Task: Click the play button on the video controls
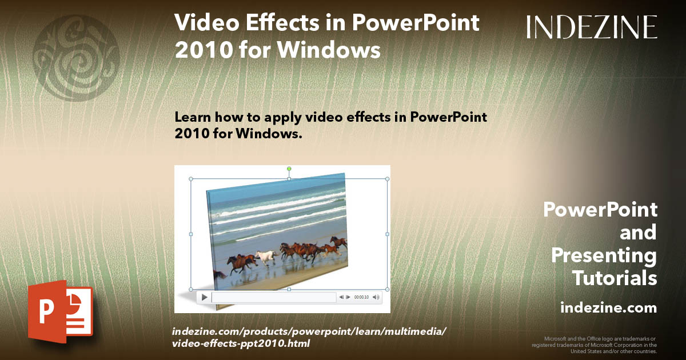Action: click(204, 297)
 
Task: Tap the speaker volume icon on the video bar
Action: click(376, 297)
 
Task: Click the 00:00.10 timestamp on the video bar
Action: click(361, 297)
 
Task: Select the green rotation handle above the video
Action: click(289, 169)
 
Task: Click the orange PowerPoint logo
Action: click(60, 311)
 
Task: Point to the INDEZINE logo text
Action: click(592, 27)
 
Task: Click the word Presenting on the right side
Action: click(604, 255)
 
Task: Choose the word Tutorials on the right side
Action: click(615, 278)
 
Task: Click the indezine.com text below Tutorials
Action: click(608, 308)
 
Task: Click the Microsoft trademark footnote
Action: click(595, 345)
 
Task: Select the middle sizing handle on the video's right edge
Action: click(387, 234)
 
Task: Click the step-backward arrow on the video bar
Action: click(341, 297)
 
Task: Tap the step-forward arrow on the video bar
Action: click(348, 297)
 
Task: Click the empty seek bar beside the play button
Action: click(273, 297)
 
